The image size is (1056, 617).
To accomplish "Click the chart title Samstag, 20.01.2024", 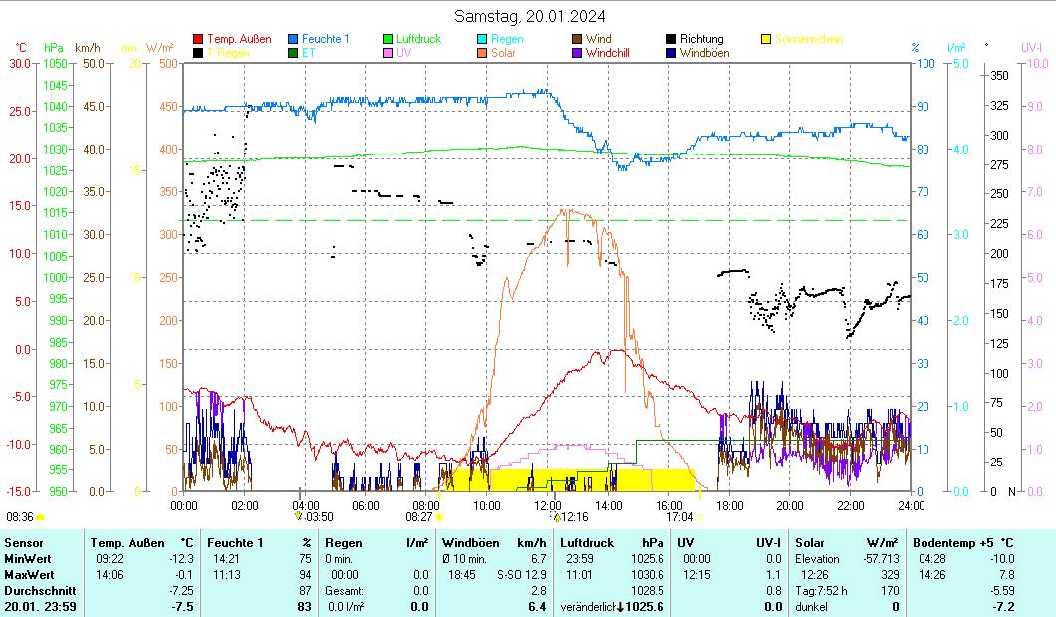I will (529, 16).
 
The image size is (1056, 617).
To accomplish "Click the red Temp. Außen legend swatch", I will (197, 39).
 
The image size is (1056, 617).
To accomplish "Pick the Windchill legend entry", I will (612, 53).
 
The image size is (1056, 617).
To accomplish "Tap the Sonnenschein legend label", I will (809, 39).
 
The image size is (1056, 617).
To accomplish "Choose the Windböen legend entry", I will (704, 53).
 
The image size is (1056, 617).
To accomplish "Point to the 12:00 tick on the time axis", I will (547, 504).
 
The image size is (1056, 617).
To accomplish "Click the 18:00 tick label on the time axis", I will (729, 504).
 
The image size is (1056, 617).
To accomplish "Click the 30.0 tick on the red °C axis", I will (20, 63).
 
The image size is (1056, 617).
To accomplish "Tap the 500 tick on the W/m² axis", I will (166, 63).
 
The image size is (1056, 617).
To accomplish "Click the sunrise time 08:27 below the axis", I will (418, 517).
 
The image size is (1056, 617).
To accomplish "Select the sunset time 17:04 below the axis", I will (679, 517).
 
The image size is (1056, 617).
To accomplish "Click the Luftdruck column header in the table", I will (586, 543).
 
